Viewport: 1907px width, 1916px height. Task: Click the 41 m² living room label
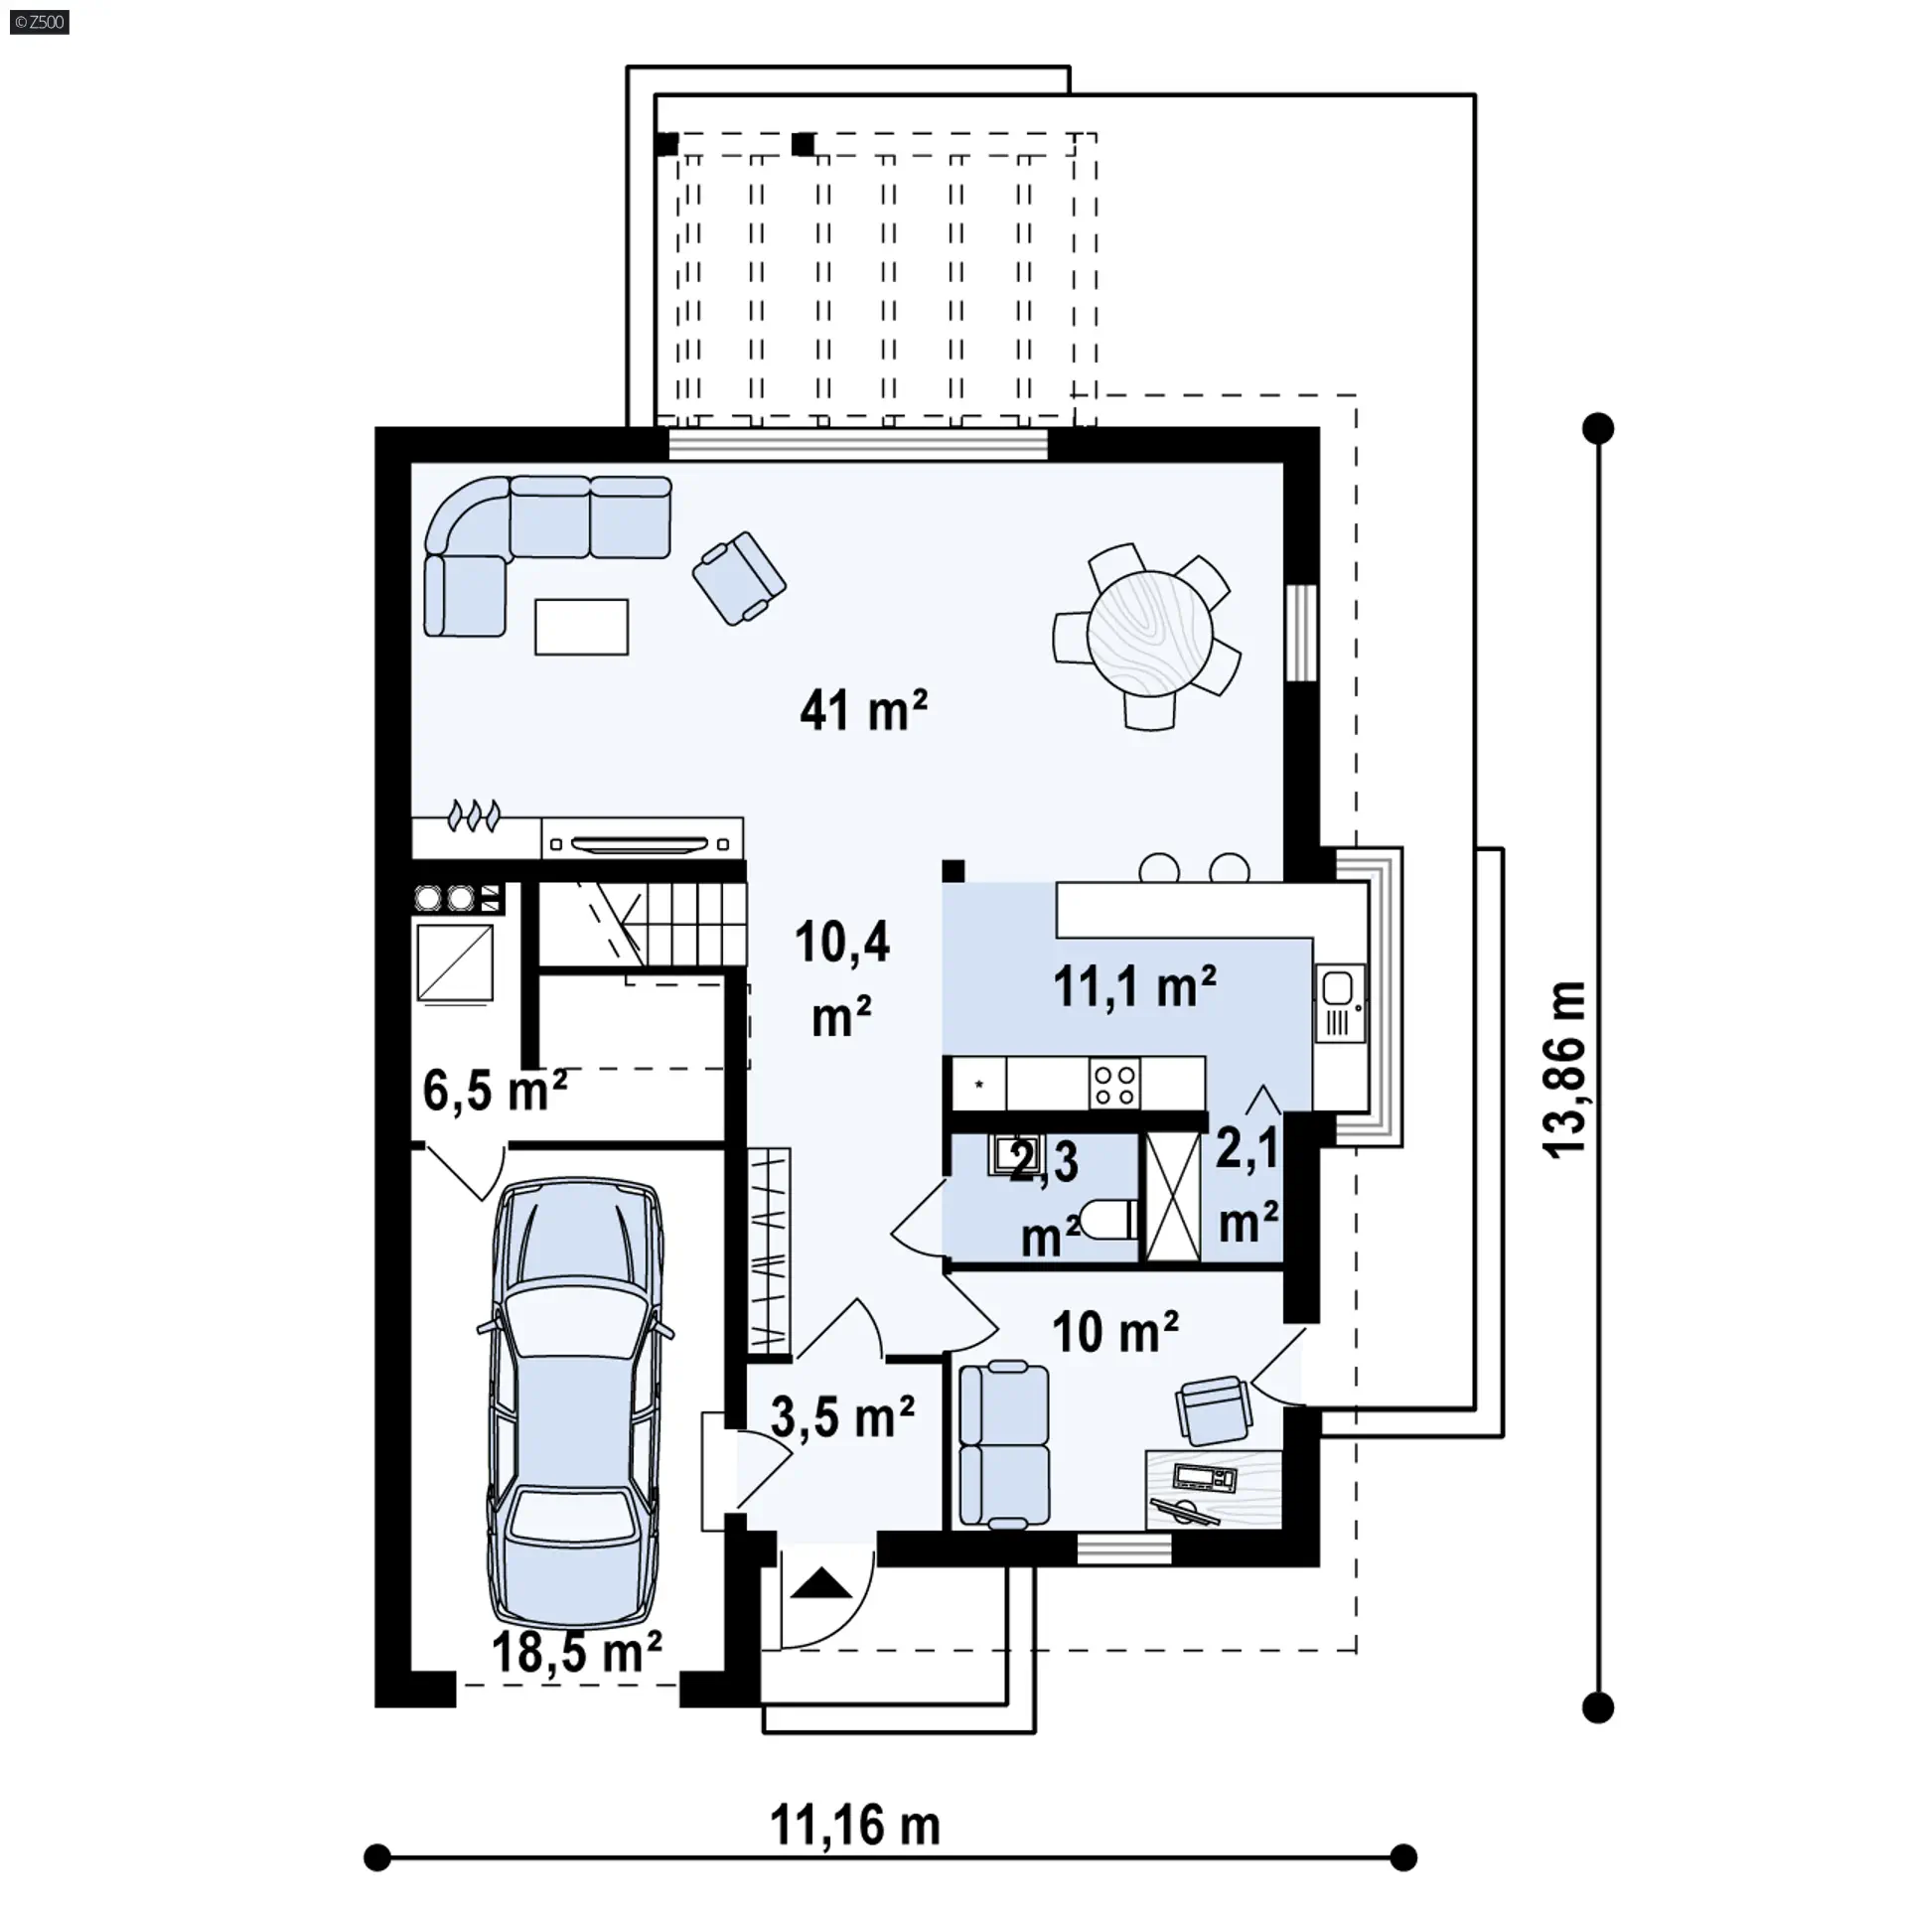[863, 711]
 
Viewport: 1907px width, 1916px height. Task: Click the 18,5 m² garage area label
[577, 1652]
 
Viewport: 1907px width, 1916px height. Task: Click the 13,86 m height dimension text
[1566, 1068]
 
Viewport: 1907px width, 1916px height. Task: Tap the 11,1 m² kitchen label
[1134, 986]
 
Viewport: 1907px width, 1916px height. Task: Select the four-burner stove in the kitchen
[1114, 1084]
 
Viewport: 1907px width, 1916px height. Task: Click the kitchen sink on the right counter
[1339, 1002]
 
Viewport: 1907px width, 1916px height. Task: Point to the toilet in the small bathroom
[1109, 1219]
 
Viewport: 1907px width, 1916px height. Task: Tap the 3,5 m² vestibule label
[842, 1416]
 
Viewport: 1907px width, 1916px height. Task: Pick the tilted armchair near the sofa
[739, 578]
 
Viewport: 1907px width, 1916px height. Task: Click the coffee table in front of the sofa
[581, 627]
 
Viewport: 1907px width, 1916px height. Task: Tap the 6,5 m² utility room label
[495, 1091]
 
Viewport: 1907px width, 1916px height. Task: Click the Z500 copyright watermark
[40, 22]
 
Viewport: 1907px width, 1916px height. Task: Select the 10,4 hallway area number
[842, 942]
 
